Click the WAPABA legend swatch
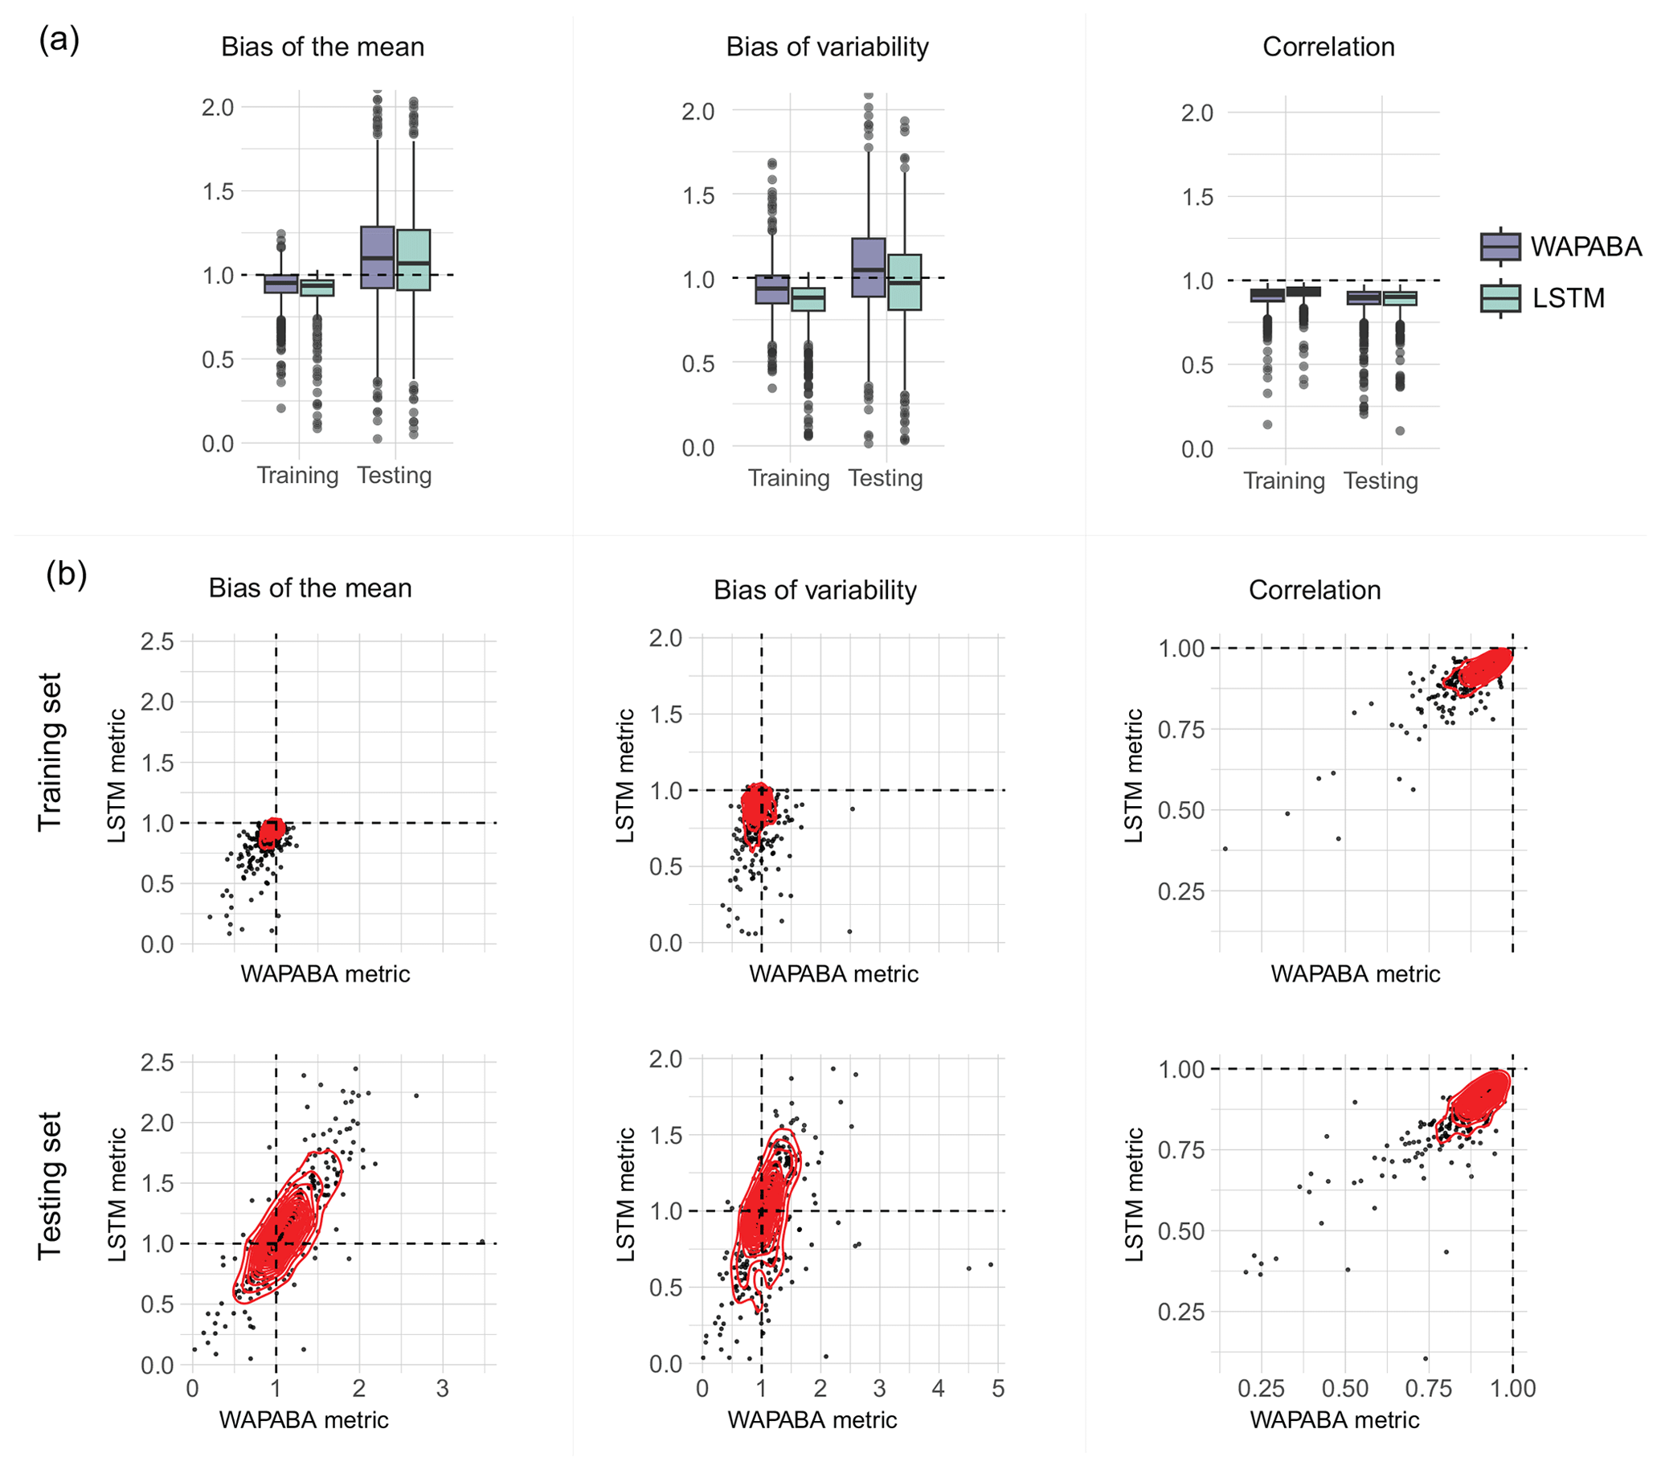coord(1500,246)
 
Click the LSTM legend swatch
coord(1500,298)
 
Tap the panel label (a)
coord(59,39)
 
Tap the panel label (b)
coord(66,574)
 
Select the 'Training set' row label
coord(50,751)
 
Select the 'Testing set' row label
coord(50,1185)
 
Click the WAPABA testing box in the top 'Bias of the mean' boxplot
coord(377,258)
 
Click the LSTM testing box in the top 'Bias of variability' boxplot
coord(905,282)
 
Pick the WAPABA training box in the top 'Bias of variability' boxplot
coord(772,289)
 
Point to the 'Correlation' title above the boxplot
coord(1328,47)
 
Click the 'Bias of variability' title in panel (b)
coord(814,590)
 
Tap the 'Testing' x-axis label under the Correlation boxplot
coord(1381,481)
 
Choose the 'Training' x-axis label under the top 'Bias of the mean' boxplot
coord(297,475)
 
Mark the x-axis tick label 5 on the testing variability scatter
coord(999,1389)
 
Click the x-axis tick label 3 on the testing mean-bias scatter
coord(442,1389)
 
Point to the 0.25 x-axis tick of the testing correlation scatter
coord(1261,1389)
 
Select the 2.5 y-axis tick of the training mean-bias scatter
coord(158,642)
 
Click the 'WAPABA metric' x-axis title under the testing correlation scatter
coord(1334,1419)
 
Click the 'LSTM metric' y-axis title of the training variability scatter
coord(625,776)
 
